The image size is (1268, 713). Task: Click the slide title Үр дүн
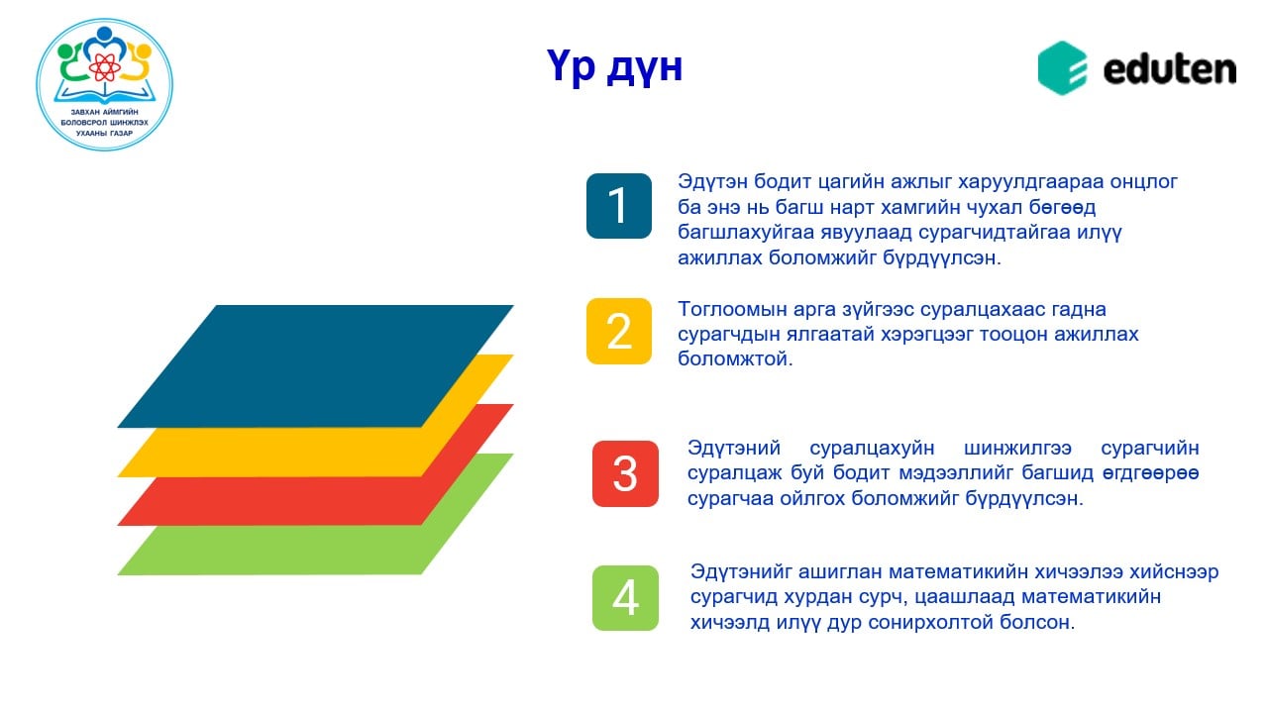click(614, 67)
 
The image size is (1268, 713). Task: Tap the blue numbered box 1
click(618, 206)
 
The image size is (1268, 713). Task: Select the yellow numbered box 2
click(618, 331)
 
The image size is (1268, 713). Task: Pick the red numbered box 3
click(625, 473)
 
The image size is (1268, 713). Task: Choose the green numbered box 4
click(625, 598)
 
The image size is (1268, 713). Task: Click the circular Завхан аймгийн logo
click(104, 84)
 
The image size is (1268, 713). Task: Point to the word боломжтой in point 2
click(735, 358)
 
